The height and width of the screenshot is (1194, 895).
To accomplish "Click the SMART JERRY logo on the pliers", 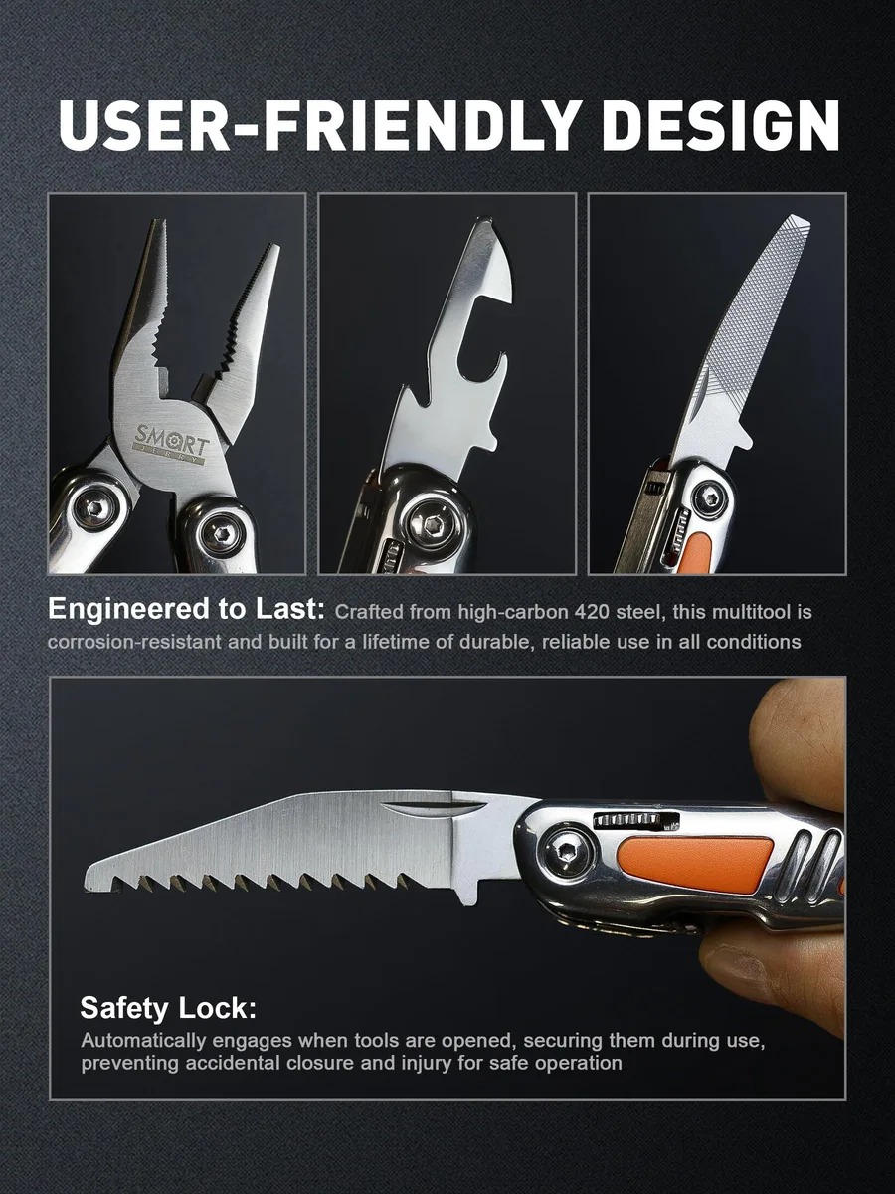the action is [171, 442].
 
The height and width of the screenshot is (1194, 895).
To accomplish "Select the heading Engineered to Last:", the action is [186, 610].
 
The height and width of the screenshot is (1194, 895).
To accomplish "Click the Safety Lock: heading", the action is [168, 1008].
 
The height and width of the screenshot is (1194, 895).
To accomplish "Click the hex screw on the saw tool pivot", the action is [568, 854].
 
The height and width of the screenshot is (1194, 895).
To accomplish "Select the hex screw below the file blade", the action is [709, 497].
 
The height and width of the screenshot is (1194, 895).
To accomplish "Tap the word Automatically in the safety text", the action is [143, 1041].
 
